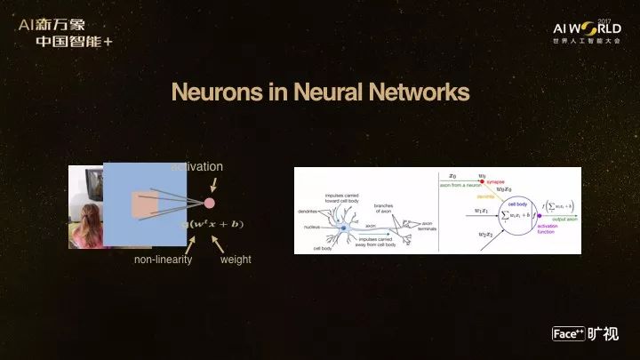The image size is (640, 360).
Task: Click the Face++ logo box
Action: pyautogui.click(x=567, y=334)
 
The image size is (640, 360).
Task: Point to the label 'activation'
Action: pyautogui.click(x=196, y=166)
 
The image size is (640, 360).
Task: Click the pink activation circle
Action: pyautogui.click(x=210, y=203)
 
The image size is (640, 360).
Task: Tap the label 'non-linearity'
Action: pyautogui.click(x=164, y=260)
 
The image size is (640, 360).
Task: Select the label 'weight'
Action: pyautogui.click(x=236, y=260)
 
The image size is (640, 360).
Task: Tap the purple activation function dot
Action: pyautogui.click(x=539, y=216)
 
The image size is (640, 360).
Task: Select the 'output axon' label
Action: pyautogui.click(x=561, y=219)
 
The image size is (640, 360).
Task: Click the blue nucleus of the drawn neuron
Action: pyautogui.click(x=344, y=228)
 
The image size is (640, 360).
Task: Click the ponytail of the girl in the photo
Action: pyautogui.click(x=90, y=217)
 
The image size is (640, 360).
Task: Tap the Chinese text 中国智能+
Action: pyautogui.click(x=75, y=40)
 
